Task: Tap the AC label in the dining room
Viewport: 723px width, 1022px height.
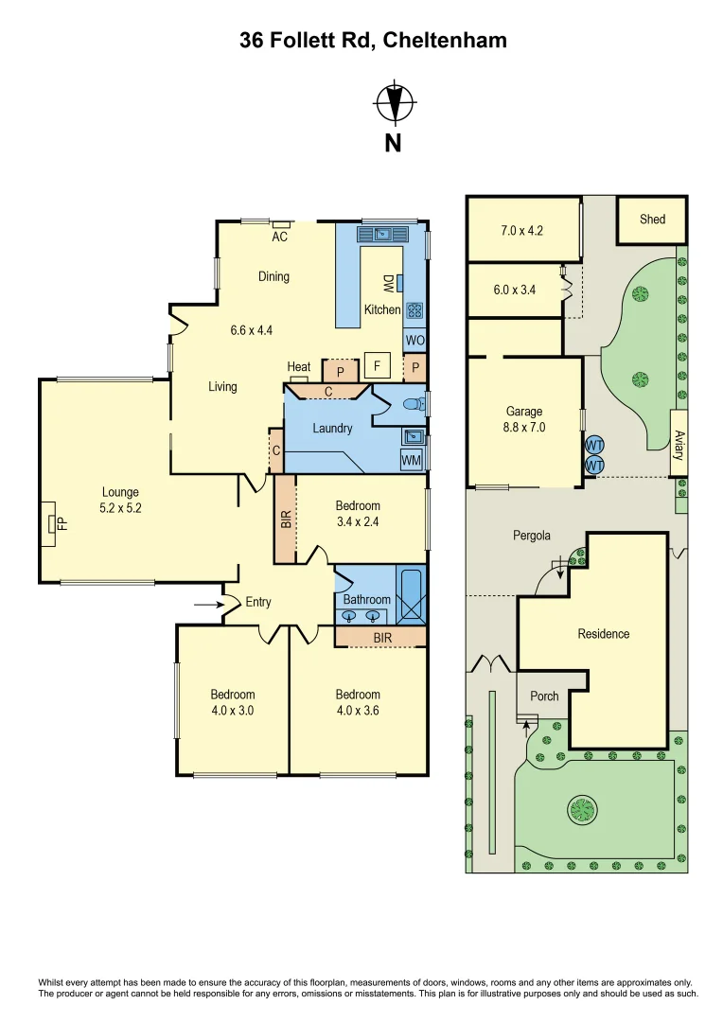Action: (280, 237)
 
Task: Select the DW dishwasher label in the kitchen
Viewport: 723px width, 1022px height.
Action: (388, 283)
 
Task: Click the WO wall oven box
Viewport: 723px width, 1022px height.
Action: (414, 340)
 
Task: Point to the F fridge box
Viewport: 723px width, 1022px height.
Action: (377, 364)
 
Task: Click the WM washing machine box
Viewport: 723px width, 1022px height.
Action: (412, 460)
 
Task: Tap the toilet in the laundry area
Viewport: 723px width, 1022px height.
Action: (414, 404)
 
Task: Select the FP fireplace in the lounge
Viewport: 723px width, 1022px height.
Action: (52, 524)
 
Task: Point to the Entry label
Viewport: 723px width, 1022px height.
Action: (258, 602)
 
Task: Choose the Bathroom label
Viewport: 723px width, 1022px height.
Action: (366, 599)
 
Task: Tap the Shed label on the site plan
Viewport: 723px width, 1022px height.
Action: (652, 219)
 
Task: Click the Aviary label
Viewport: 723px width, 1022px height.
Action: (679, 442)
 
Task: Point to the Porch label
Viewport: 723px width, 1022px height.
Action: (544, 696)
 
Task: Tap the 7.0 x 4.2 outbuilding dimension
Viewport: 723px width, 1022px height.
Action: (521, 230)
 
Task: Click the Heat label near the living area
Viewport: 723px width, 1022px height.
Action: (299, 367)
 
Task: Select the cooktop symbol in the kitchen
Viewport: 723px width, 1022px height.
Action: (414, 309)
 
